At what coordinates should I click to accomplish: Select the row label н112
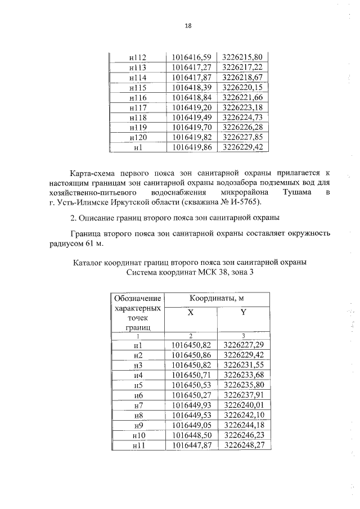click(138, 57)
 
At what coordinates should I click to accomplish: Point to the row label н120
click(138, 137)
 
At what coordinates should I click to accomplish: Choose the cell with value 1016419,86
click(190, 147)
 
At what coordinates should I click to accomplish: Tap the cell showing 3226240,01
click(243, 405)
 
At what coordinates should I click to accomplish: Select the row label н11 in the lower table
click(138, 445)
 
